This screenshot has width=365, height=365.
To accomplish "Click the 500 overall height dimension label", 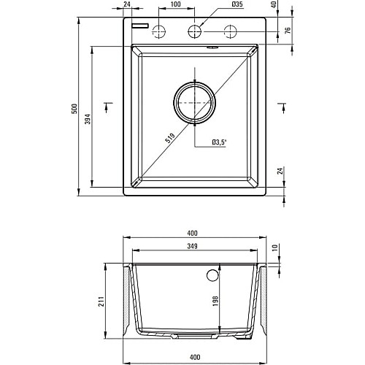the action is point(75,109).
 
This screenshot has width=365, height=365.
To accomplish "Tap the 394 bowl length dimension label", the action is point(88,119).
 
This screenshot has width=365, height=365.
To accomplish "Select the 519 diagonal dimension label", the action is point(170,138).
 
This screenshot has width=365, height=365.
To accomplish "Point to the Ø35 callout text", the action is point(237,4).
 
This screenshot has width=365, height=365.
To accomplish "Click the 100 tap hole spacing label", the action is point(176,4).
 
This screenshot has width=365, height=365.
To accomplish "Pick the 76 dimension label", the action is point(288,30).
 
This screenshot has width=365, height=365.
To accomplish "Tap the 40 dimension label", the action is point(274,4).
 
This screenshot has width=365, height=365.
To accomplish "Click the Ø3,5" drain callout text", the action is point(219,142).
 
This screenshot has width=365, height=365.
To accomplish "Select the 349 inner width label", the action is point(192,246).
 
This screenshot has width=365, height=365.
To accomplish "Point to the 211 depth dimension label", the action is point(101,301).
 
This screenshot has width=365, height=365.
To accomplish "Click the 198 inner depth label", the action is point(215,301).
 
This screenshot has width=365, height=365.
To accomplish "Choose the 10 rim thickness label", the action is point(274,247).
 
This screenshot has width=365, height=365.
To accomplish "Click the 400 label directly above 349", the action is point(192,233).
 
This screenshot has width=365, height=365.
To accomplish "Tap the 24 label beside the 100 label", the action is point(127,4).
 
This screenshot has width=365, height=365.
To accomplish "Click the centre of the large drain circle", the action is point(194,103).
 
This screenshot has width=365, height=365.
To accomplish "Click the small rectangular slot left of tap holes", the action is point(140,26).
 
